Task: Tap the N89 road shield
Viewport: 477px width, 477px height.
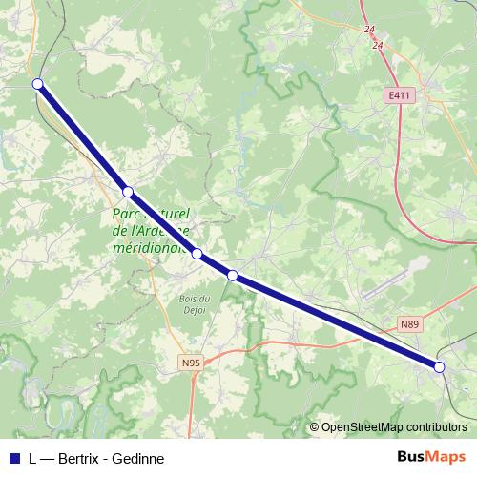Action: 409,324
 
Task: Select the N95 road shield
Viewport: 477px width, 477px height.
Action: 191,363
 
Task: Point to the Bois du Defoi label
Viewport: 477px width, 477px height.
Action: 194,304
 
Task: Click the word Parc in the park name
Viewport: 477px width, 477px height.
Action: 128,213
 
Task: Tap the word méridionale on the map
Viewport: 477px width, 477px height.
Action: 149,247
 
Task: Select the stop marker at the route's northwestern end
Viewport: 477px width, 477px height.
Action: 38,84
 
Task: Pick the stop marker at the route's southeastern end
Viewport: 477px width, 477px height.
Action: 440,366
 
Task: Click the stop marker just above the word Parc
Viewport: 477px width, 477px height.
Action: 128,192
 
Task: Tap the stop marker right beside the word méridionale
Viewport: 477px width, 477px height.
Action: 197,254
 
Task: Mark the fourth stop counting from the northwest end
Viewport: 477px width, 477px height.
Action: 233,276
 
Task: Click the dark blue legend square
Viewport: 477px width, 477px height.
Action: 13,458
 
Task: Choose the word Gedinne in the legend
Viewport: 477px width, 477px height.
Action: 139,458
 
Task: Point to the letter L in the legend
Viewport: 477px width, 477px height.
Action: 33,458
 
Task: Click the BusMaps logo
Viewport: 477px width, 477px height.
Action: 431,457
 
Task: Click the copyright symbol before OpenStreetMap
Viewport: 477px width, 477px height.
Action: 314,427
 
